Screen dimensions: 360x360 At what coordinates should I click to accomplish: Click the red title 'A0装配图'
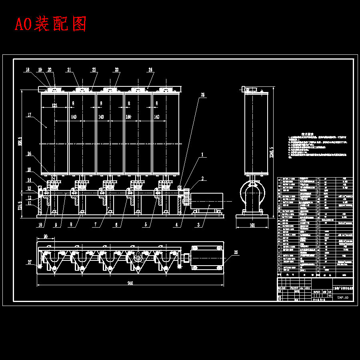51,24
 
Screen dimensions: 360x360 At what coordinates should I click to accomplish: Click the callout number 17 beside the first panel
29,115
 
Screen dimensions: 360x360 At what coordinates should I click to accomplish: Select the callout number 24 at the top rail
150,70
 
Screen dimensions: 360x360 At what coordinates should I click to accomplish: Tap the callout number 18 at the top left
27,70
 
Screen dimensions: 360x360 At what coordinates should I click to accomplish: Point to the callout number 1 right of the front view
203,154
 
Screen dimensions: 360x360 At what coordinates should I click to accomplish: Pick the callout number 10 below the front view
40,225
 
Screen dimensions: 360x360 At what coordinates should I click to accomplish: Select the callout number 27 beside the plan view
29,262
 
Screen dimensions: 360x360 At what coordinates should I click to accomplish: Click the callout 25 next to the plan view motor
236,253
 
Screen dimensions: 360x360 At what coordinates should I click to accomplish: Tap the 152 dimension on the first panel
54,106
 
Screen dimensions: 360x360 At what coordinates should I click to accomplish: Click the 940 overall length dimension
130,283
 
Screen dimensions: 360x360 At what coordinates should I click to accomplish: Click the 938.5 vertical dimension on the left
20,142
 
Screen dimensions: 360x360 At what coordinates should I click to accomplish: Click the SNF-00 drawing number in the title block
343,298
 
